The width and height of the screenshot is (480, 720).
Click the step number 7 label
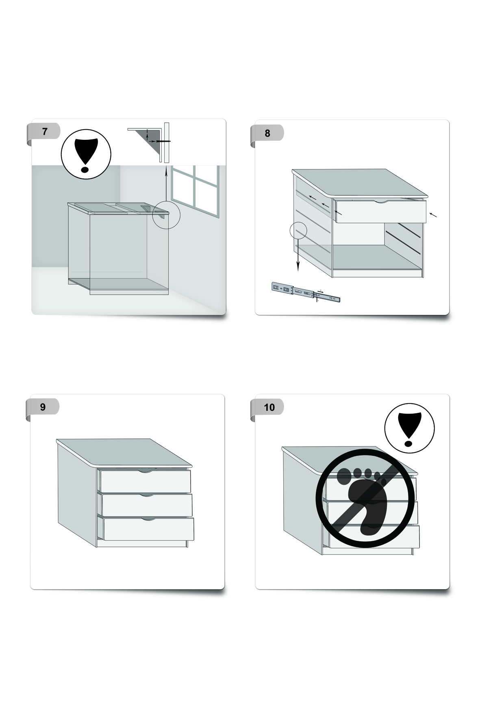pyautogui.click(x=45, y=131)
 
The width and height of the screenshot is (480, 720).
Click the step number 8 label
pyautogui.click(x=267, y=133)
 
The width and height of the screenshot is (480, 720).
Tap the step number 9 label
pyautogui.click(x=43, y=407)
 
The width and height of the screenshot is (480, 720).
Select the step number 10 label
pyautogui.click(x=269, y=407)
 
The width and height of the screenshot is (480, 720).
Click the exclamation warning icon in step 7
pyautogui.click(x=86, y=154)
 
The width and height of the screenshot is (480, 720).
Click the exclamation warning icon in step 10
pyautogui.click(x=409, y=428)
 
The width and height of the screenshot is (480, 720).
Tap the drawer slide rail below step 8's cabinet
pyautogui.click(x=306, y=293)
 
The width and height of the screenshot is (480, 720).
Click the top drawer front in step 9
pyautogui.click(x=146, y=481)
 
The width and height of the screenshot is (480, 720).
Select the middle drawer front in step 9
pyautogui.click(x=147, y=505)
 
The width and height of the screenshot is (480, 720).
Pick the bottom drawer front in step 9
pyautogui.click(x=148, y=529)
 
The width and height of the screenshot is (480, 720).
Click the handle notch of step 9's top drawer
pyautogui.click(x=145, y=471)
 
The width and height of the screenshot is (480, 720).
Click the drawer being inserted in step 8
pyautogui.click(x=380, y=210)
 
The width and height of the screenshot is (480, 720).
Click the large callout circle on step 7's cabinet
pyautogui.click(x=166, y=215)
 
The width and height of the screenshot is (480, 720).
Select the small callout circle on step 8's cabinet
pyautogui.click(x=298, y=230)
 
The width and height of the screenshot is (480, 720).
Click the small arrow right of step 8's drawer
pyautogui.click(x=433, y=215)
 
